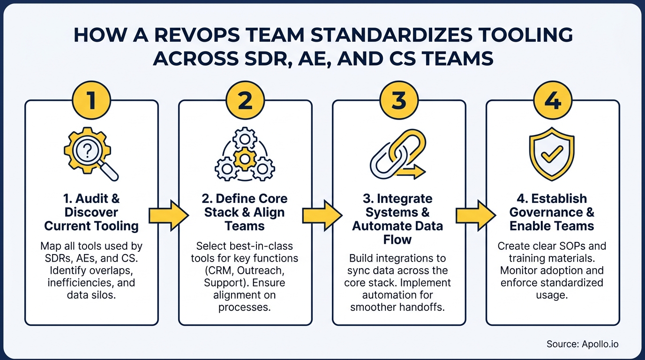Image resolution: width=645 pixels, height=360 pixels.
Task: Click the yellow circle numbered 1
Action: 91,101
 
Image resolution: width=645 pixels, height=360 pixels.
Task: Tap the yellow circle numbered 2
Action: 245,101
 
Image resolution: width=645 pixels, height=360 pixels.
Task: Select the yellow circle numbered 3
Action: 399,101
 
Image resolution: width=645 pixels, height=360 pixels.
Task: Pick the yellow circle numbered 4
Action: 553,101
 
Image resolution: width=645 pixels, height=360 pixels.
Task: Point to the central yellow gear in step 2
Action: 245,158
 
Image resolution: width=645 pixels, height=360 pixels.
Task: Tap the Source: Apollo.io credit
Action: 582,344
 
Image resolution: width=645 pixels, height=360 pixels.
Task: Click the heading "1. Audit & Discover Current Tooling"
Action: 91,212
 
